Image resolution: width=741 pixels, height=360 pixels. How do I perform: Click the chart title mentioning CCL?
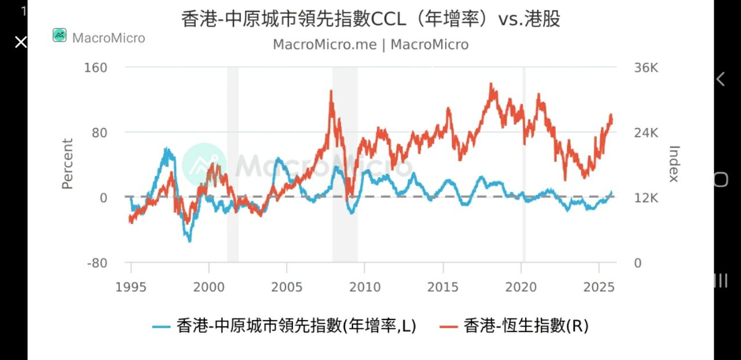coord(370,19)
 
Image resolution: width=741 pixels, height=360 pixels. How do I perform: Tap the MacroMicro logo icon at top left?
coord(60,35)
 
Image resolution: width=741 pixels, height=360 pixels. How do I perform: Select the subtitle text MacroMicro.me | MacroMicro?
coord(370,45)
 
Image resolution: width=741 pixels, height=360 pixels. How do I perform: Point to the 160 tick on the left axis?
coord(96,68)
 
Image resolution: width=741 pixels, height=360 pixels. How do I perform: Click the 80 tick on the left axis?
coord(100,133)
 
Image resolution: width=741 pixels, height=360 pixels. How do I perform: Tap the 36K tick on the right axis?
coord(646,68)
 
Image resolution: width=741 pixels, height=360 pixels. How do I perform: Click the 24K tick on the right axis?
coord(646,133)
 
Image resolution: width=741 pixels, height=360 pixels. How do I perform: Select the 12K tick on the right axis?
coord(646,198)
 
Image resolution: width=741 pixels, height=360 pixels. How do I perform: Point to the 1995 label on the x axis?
coord(131,286)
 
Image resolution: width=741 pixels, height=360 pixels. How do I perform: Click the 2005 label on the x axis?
coord(287,286)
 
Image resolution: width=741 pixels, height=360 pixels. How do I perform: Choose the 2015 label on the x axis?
coord(443,286)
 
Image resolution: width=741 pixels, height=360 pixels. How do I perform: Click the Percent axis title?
coord(68,164)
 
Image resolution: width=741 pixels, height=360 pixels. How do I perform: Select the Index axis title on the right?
coord(673,164)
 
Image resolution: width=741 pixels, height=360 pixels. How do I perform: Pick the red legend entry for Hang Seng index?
coord(526,326)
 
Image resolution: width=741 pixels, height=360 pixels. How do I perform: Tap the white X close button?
coord(21,42)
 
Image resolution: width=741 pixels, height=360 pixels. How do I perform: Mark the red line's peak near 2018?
coord(491,85)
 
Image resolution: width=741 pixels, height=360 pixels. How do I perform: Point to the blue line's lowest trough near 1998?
coord(189,240)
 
